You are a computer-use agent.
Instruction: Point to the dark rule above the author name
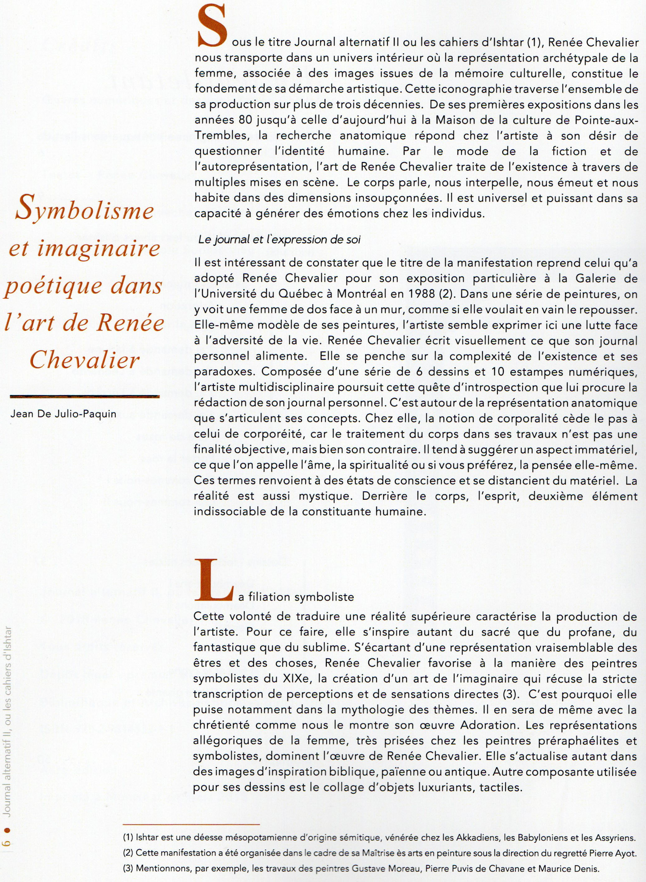click(x=84, y=397)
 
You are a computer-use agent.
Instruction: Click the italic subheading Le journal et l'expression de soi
click(x=279, y=240)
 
